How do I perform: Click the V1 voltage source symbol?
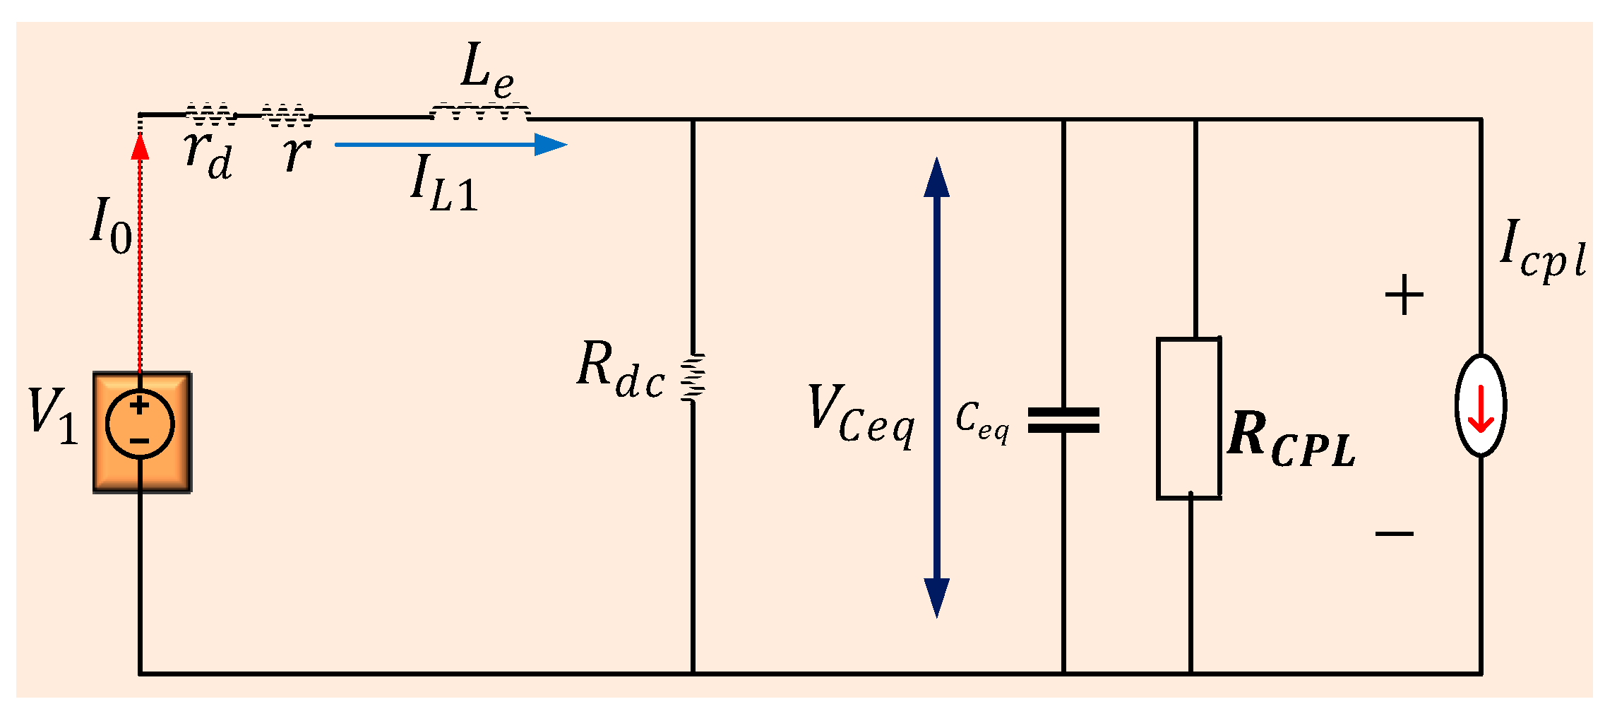point(140,424)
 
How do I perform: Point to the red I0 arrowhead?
point(141,145)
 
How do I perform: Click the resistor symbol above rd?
point(210,113)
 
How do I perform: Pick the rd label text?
point(208,156)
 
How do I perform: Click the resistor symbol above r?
point(286,114)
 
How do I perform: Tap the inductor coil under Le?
point(480,112)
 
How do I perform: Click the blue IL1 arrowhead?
point(551,145)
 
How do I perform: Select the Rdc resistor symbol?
point(693,378)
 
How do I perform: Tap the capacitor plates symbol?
point(1063,419)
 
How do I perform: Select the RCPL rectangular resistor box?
point(1189,418)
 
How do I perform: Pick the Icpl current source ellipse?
point(1481,405)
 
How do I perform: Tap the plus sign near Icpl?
point(1404,295)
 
